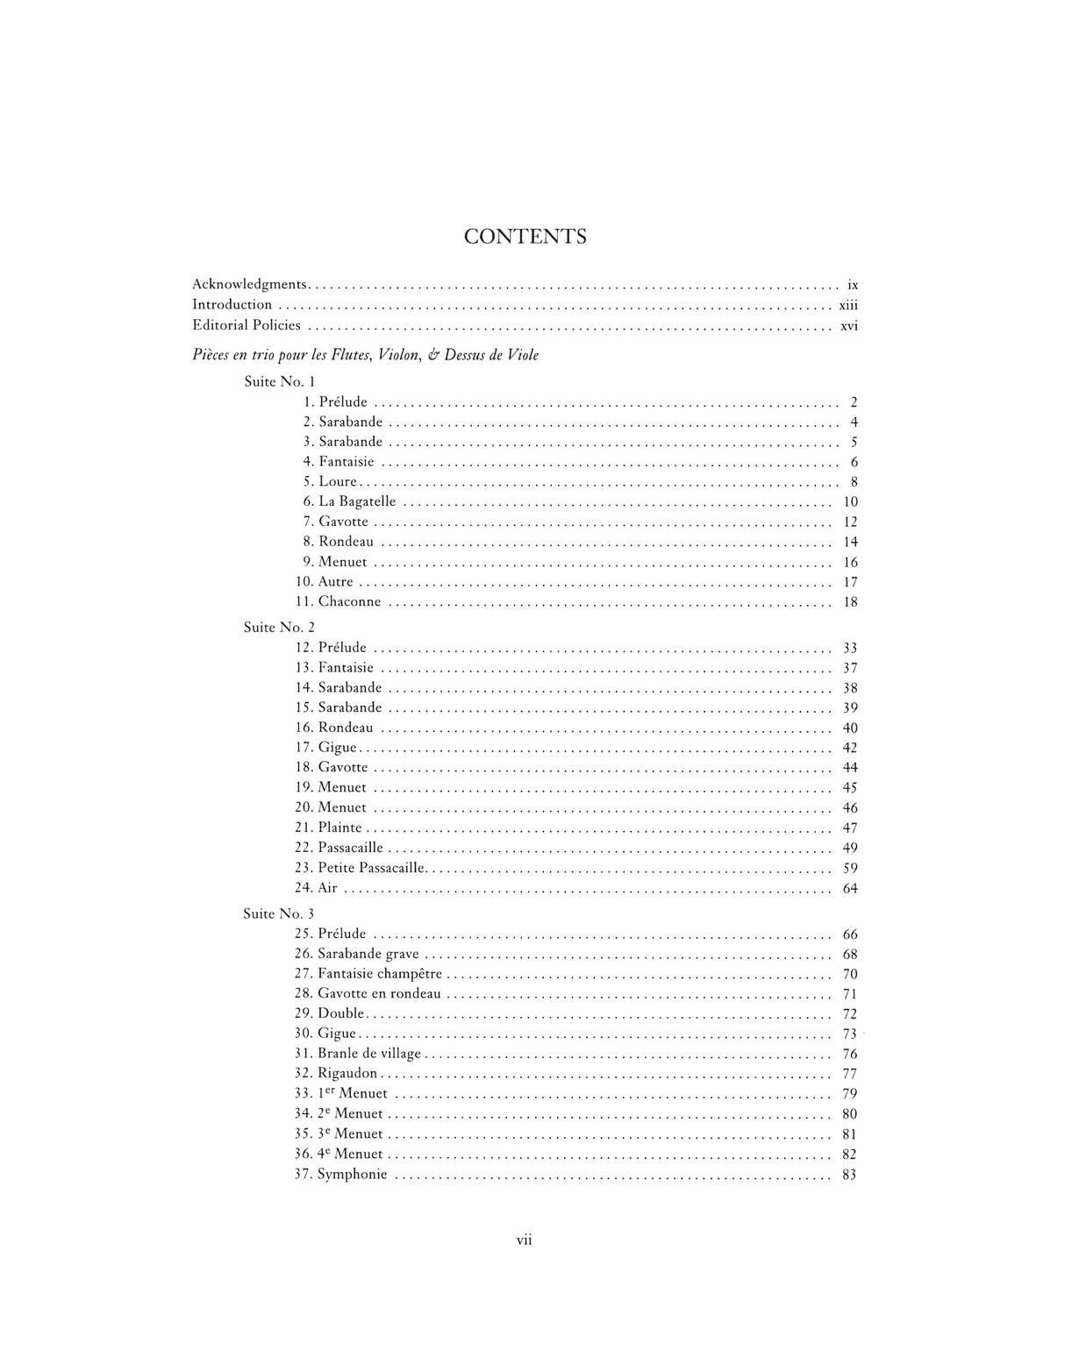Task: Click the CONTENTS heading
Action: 525,237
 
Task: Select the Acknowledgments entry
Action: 249,284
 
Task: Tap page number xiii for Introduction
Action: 847,305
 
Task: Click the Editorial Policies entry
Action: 247,325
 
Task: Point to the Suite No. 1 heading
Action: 279,381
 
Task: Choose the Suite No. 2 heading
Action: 279,627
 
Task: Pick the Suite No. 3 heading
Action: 278,913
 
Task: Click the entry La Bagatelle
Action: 357,501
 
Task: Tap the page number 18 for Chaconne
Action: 850,602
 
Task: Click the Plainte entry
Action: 340,828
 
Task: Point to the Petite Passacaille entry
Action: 371,868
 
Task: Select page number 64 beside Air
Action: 849,889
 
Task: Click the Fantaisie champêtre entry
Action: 380,974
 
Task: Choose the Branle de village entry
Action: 369,1054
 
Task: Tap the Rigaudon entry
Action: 347,1073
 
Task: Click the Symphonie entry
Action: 352,1175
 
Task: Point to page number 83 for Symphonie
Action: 849,1175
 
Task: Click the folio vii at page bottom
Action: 525,1240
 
